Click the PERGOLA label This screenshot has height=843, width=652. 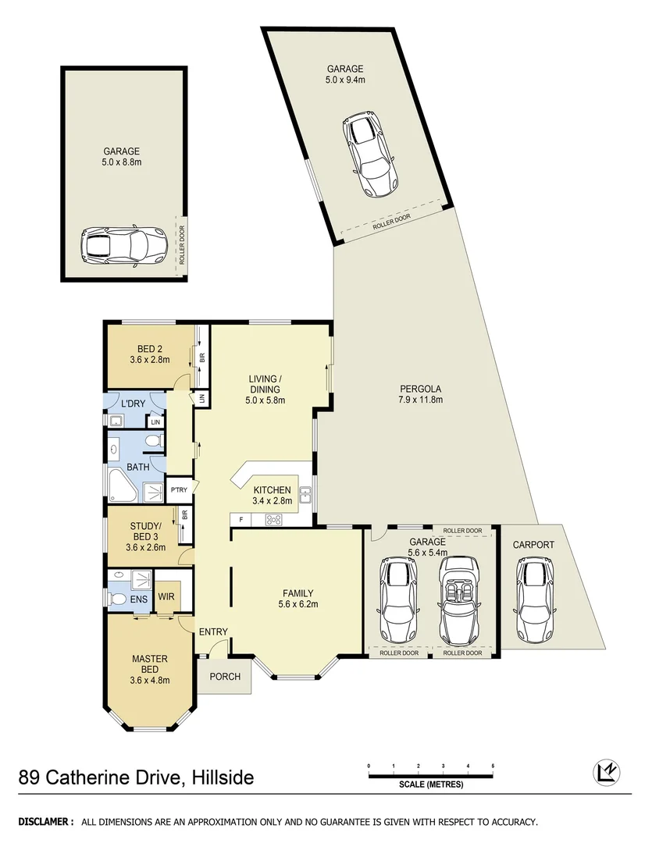coord(421,388)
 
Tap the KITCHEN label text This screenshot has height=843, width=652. coord(272,490)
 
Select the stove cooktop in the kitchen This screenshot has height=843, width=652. coord(275,520)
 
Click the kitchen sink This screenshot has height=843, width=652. coord(305,494)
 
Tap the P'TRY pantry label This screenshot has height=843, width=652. coord(178,491)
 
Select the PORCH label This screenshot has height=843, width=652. coord(225,676)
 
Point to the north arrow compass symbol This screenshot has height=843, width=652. coord(603,772)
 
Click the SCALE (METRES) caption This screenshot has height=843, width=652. coord(430,784)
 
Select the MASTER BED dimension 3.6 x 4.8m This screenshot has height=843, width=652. coord(150,680)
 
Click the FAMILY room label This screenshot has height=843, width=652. coord(297,592)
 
